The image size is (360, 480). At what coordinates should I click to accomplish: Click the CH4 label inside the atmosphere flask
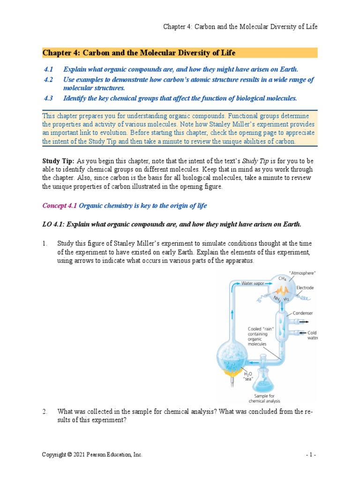[282, 278]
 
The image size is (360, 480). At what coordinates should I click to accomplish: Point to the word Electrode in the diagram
[305, 288]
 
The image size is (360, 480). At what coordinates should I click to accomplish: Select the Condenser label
[303, 313]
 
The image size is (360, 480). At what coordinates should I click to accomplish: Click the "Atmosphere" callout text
[302, 272]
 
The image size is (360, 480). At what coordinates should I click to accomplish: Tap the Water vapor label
[254, 283]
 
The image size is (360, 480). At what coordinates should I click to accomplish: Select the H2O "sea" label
[248, 376]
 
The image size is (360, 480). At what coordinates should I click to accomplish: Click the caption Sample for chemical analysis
[265, 398]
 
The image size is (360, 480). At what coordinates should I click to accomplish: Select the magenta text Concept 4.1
[60, 206]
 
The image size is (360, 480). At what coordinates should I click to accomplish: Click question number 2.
[45, 412]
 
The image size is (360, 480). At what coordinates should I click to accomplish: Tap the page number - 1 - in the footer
[311, 455]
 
